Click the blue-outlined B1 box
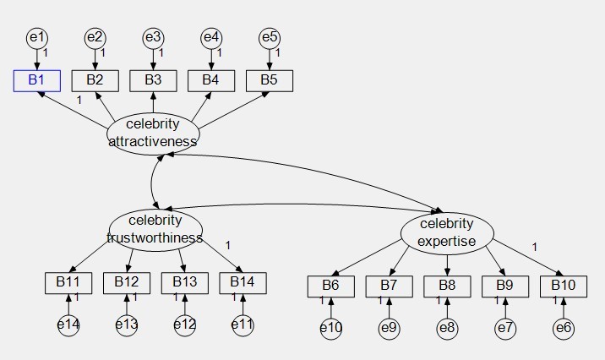[36, 80]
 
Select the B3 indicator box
[152, 80]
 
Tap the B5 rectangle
[269, 80]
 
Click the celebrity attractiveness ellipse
[153, 133]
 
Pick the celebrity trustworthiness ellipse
[155, 229]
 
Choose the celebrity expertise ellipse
[446, 232]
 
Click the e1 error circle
[36, 38]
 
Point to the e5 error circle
[269, 38]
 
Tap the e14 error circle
[68, 325]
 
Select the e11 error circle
[243, 325]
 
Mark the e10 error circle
[330, 328]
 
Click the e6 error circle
[564, 328]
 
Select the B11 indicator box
[68, 282]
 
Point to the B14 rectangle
[243, 282]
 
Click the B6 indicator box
[330, 286]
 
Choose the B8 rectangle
[447, 286]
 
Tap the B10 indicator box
[564, 286]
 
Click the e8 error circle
[447, 328]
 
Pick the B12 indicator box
[127, 282]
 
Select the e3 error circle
[152, 38]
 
